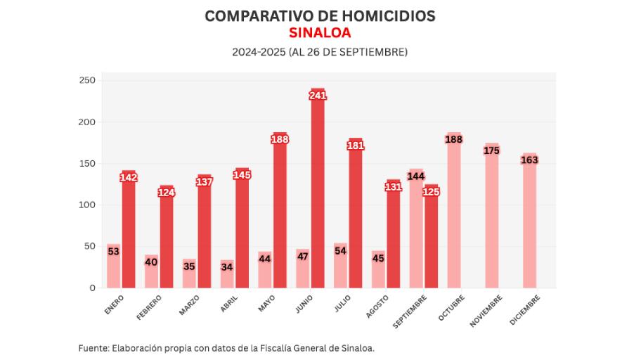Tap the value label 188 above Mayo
(x=280, y=139)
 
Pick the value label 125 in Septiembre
(x=431, y=191)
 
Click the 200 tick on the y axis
(x=87, y=122)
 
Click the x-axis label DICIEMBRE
(x=526, y=309)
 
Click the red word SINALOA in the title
(x=320, y=33)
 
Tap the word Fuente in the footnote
(x=93, y=348)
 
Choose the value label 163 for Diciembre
(x=529, y=160)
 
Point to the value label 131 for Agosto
(x=393, y=186)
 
